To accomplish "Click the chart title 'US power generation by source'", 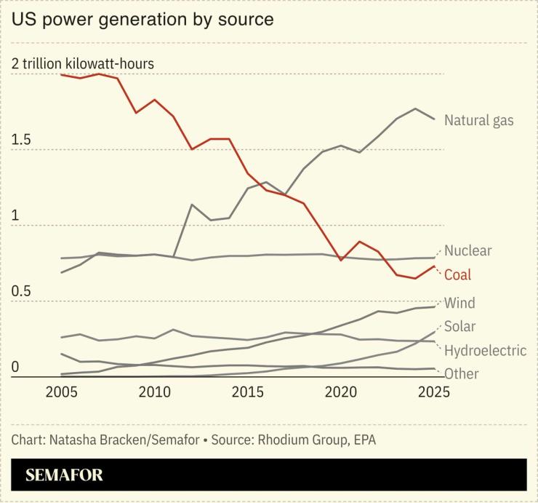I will tap(142, 20).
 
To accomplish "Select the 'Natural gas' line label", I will tap(478, 120).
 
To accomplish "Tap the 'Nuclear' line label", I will tap(467, 251).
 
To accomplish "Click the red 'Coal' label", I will tap(457, 274).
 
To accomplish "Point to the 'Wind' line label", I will tap(459, 303).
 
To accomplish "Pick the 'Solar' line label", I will tap(459, 326).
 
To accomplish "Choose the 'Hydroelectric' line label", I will tap(485, 350).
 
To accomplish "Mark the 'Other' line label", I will tap(461, 374).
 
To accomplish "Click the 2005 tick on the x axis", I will tap(60, 393).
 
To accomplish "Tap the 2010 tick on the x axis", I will tap(154, 393).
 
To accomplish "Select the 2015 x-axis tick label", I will tap(247, 393).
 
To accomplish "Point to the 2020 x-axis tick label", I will tap(340, 393).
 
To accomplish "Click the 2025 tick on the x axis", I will tap(434, 393).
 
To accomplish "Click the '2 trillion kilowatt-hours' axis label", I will tap(83, 64).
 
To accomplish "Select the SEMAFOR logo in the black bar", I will tap(64, 476).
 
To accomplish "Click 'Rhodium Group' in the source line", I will tap(294, 440).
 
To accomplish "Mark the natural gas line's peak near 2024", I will tap(415, 109).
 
